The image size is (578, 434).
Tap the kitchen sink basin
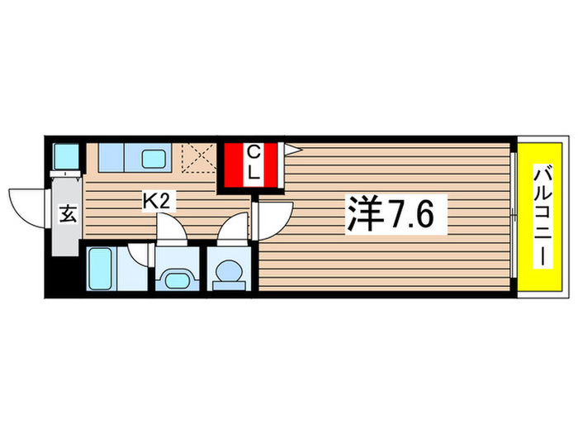pyautogui.click(x=152, y=157)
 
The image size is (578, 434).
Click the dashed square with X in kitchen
pyautogui.click(x=197, y=158)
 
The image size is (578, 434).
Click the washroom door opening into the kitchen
pyautogui.click(x=171, y=227)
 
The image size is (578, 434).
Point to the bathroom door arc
pyautogui.click(x=140, y=254)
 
